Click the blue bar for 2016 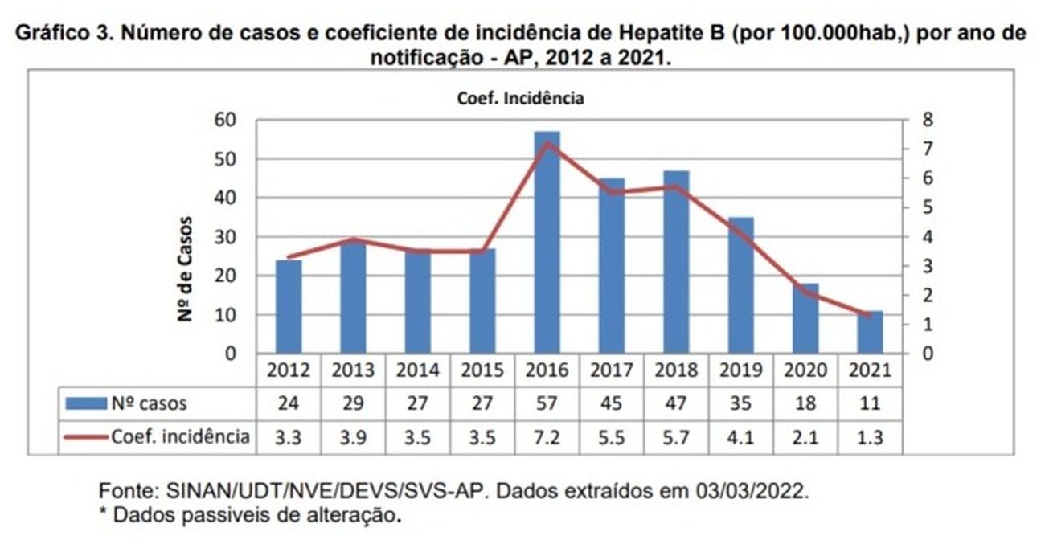coord(547,242)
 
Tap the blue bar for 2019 coord(741,285)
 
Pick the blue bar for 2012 coord(289,306)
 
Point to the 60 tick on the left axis coord(224,120)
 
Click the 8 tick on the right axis coord(928,120)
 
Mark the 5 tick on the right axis coord(928,207)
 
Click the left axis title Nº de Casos coord(186,269)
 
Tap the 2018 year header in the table coord(676,370)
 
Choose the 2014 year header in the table coord(418,370)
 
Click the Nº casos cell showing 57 coord(547,403)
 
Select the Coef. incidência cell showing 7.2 coord(547,437)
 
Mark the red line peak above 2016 coord(547,143)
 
